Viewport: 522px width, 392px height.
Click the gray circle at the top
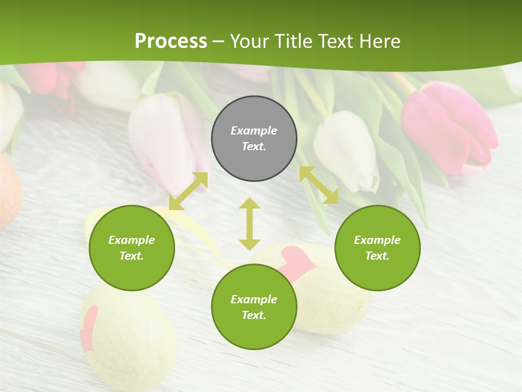pyautogui.click(x=254, y=139)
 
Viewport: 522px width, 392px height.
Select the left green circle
pyautogui.click(x=132, y=248)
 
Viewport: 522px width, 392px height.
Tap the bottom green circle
pyautogui.click(x=254, y=307)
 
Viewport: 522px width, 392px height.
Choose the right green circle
pyautogui.click(x=377, y=248)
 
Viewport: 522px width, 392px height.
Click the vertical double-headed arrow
pyautogui.click(x=250, y=224)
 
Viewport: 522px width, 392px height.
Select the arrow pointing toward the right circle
pyautogui.click(x=319, y=185)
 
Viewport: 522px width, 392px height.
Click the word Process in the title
pyautogui.click(x=171, y=41)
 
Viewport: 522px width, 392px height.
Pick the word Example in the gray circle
pyautogui.click(x=254, y=131)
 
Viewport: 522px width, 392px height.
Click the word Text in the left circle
pyautogui.click(x=131, y=256)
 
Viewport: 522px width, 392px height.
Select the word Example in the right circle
pyautogui.click(x=377, y=240)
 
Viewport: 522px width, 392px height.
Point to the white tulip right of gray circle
pyautogui.click(x=346, y=150)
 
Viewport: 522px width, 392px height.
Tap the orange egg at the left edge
pyautogui.click(x=8, y=191)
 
